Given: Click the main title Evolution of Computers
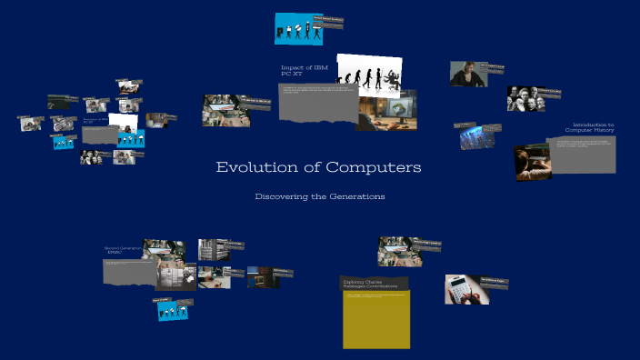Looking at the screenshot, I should coord(318,168).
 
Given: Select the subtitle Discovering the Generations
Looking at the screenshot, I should coord(319,196).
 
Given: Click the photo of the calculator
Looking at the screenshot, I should coord(466,289).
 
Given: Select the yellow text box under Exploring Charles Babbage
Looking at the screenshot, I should coord(375,319).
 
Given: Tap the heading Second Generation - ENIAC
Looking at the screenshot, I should coord(123,249).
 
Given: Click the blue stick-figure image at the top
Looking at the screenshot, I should coord(298,29).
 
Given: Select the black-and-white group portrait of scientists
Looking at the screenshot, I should coord(525,98).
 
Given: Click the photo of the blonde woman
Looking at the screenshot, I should coord(468,74).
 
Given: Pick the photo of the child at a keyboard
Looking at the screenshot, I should coord(533,163).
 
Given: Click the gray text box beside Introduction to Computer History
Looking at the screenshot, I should coord(581,155).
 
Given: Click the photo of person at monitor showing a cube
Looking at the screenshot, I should coord(386,109).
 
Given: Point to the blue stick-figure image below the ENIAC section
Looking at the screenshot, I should coord(171,310).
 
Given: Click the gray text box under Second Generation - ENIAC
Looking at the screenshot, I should coord(129,270).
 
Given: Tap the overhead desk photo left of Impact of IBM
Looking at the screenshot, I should coord(225,110).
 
